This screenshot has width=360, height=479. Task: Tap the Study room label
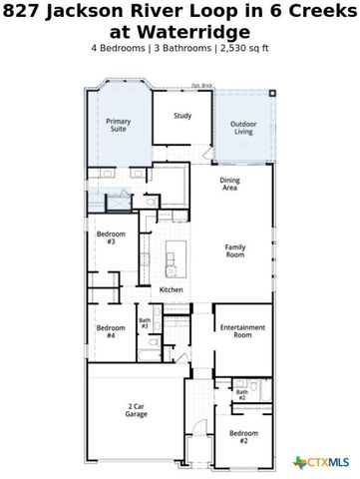point(182,116)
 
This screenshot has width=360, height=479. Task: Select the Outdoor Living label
point(243,128)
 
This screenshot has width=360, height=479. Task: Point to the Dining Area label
point(229,184)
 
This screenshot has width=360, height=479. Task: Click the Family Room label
point(234,250)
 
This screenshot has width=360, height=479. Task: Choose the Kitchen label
point(171,289)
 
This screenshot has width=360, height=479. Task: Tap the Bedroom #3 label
point(106,238)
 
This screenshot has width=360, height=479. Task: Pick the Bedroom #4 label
point(106,331)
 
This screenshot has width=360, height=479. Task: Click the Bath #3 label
point(145,323)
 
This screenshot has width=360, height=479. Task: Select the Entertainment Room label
point(241,331)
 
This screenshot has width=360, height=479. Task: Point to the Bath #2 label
point(242,395)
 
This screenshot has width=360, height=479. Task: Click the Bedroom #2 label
point(239,436)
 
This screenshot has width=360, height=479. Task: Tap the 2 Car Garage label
point(138,410)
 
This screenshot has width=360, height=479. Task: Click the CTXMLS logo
point(321,462)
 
